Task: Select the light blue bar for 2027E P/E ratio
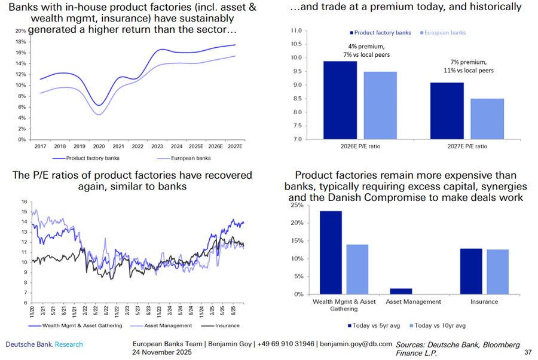tap(487, 119)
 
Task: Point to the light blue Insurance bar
tap(496, 271)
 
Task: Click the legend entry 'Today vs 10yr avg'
tap(439, 326)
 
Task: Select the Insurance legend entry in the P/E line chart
tap(224, 325)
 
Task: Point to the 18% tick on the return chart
tap(20, 42)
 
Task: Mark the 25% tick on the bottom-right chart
tap(295, 205)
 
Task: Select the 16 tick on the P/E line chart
tap(25, 202)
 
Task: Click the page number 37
tap(527, 353)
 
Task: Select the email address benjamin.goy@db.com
tap(356, 344)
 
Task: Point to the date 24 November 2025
tap(163, 353)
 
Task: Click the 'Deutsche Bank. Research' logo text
tap(44, 344)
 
